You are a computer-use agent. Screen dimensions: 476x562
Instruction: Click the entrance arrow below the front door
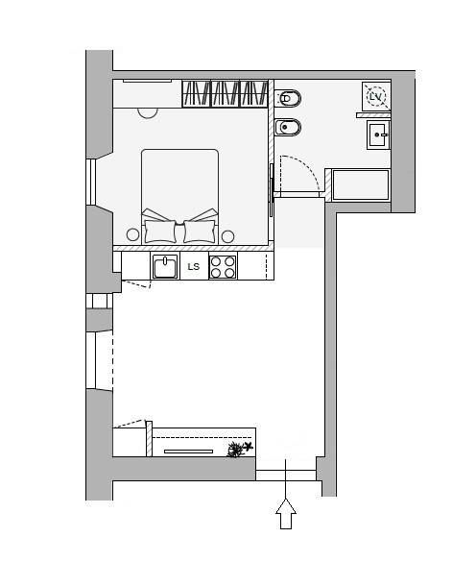click(x=286, y=513)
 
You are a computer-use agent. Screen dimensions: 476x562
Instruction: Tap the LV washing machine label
click(x=375, y=97)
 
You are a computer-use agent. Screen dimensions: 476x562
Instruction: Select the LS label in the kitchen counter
click(x=194, y=267)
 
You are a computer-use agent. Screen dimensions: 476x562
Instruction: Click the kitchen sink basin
click(x=165, y=266)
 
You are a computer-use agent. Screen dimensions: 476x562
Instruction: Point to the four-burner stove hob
click(x=223, y=267)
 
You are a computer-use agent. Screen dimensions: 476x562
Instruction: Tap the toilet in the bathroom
click(x=288, y=99)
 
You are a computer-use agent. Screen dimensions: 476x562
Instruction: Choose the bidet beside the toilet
click(x=288, y=127)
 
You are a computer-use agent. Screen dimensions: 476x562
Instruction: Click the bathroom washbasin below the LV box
click(x=378, y=135)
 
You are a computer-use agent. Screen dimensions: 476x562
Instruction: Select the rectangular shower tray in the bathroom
click(x=361, y=184)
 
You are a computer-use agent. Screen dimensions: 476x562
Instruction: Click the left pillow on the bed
click(x=160, y=232)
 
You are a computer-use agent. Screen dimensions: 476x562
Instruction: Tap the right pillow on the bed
click(x=200, y=232)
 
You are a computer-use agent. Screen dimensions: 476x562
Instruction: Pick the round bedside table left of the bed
click(x=132, y=234)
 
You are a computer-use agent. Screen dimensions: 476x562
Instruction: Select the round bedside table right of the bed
click(x=227, y=236)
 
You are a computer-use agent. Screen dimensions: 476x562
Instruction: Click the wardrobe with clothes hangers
click(x=225, y=93)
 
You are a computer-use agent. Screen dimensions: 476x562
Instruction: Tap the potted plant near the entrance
click(x=239, y=450)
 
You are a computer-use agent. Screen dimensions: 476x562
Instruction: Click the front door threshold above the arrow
click(x=286, y=476)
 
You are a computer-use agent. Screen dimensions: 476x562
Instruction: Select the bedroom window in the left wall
click(x=91, y=183)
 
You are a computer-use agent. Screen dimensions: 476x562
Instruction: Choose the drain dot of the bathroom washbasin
click(x=377, y=135)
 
